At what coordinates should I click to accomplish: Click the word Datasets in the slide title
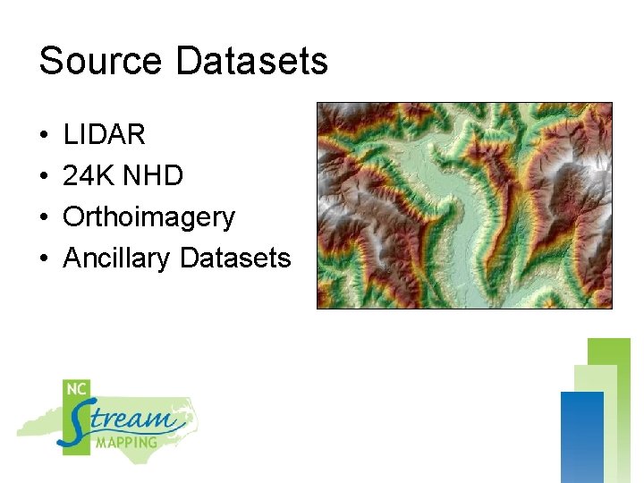[x=252, y=62]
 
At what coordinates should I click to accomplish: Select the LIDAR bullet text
[x=104, y=135]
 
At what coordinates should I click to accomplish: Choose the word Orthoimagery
[x=148, y=217]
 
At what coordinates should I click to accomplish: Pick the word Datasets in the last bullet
[x=235, y=258]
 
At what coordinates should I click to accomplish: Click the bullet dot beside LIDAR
[x=43, y=136]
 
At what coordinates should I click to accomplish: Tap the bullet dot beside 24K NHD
[x=43, y=177]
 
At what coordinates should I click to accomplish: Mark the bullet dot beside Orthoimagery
[x=43, y=218]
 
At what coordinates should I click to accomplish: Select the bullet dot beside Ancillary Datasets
[x=43, y=259]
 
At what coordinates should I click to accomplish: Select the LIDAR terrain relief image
[x=464, y=205]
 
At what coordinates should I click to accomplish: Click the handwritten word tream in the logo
[x=134, y=419]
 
